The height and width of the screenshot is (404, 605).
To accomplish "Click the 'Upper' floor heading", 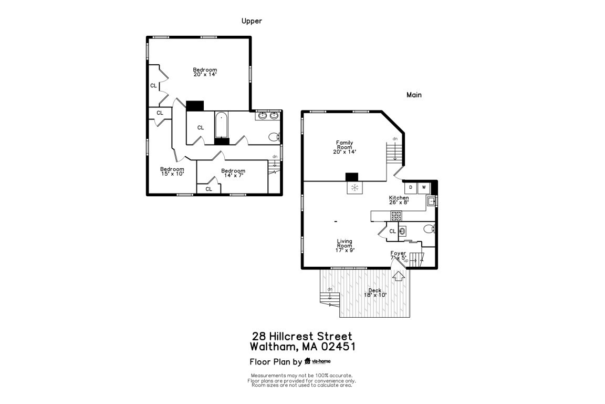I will tap(252, 21).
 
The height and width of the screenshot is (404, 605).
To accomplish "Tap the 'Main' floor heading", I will tap(414, 95).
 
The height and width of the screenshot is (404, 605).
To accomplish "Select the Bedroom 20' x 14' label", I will tap(205, 72).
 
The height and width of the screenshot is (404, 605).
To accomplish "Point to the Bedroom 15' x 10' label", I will tap(172, 171).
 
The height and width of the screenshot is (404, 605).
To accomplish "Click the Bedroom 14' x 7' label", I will tap(233, 173).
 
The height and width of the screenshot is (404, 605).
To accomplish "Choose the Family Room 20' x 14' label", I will tap(345, 147).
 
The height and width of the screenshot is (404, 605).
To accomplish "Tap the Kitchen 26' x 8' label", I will tap(399, 200).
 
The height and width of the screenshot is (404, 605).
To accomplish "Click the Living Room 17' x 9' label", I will tap(345, 246).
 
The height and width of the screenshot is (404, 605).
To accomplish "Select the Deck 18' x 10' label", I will tap(375, 292).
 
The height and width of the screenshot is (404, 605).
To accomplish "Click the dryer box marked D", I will tap(410, 187).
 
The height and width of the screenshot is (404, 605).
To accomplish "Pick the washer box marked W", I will tap(423, 187).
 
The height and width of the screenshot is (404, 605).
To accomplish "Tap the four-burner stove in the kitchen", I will tap(396, 216).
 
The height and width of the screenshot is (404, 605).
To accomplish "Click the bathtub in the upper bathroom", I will tap(222, 125).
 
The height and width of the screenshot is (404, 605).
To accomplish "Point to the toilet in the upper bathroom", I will tap(273, 137).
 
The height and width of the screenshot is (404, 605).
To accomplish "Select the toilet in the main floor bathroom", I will tap(429, 229).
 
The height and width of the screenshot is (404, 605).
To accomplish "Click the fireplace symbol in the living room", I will tap(354, 188).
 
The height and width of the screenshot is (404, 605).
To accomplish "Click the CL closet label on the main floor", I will tap(392, 231).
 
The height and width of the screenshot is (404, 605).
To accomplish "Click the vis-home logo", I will tap(317, 361).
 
